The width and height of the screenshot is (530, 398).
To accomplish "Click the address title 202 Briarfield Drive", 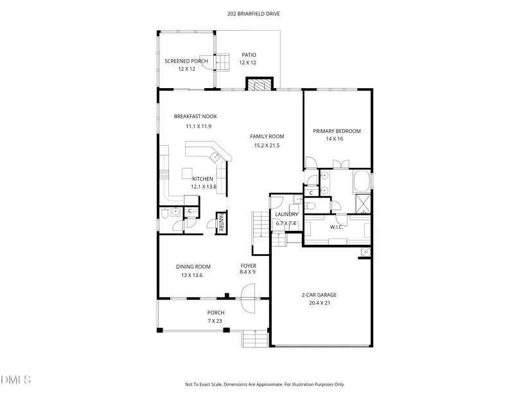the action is click(x=254, y=14).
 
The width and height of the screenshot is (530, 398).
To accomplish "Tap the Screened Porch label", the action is click(x=186, y=61).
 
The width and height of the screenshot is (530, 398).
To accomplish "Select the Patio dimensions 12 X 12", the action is click(x=248, y=62).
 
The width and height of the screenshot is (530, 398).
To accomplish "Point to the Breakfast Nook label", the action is click(x=195, y=116).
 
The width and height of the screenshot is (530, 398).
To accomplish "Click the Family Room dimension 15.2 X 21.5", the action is click(x=267, y=145).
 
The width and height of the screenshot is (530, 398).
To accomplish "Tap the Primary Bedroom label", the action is click(x=337, y=131).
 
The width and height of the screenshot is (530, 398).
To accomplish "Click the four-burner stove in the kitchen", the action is click(x=164, y=175).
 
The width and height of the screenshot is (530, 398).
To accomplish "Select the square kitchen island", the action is click(x=187, y=173).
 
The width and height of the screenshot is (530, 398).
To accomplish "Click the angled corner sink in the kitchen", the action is click(x=215, y=157).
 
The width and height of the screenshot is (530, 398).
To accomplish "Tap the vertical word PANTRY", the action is click(x=221, y=222).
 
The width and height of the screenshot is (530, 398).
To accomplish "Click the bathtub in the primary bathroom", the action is click(x=361, y=181).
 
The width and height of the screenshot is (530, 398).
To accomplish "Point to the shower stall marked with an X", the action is click(x=364, y=204).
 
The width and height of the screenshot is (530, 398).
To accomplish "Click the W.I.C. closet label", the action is click(x=337, y=227).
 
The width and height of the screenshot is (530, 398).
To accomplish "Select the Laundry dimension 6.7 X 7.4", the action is click(x=286, y=223).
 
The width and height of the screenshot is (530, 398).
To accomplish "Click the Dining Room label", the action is click(x=193, y=267).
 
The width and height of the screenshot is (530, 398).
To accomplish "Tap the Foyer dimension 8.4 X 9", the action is click(x=247, y=272).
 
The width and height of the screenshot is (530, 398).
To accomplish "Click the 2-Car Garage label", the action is click(x=319, y=294).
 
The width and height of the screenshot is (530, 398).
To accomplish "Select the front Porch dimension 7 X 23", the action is click(x=215, y=321).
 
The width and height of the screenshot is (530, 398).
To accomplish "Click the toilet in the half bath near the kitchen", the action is click(x=164, y=213).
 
